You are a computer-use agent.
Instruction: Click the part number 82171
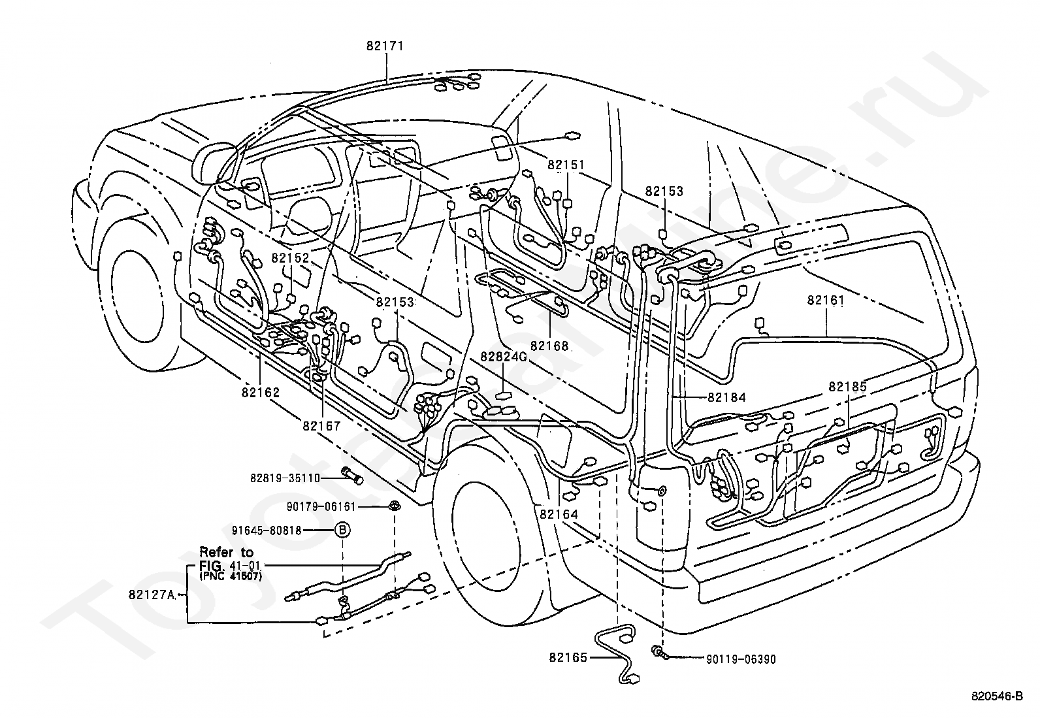385,46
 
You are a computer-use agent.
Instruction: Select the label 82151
566,165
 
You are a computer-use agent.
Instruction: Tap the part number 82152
291,258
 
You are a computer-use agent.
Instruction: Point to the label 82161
826,301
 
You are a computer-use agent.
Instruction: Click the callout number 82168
549,346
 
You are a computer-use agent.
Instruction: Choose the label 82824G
504,357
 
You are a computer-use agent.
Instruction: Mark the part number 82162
261,393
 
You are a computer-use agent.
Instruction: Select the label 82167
322,425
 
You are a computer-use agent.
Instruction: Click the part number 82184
727,397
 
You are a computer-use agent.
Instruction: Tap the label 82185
848,386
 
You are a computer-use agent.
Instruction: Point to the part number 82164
559,514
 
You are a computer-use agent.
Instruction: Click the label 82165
568,658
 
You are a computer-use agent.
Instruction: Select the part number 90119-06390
741,659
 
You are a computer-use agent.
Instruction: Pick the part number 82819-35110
285,478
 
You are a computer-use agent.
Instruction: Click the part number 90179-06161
321,507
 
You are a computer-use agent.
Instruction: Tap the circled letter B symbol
343,530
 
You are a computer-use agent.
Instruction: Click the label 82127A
152,595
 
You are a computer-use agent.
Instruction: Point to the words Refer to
227,552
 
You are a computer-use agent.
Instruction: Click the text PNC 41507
231,576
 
